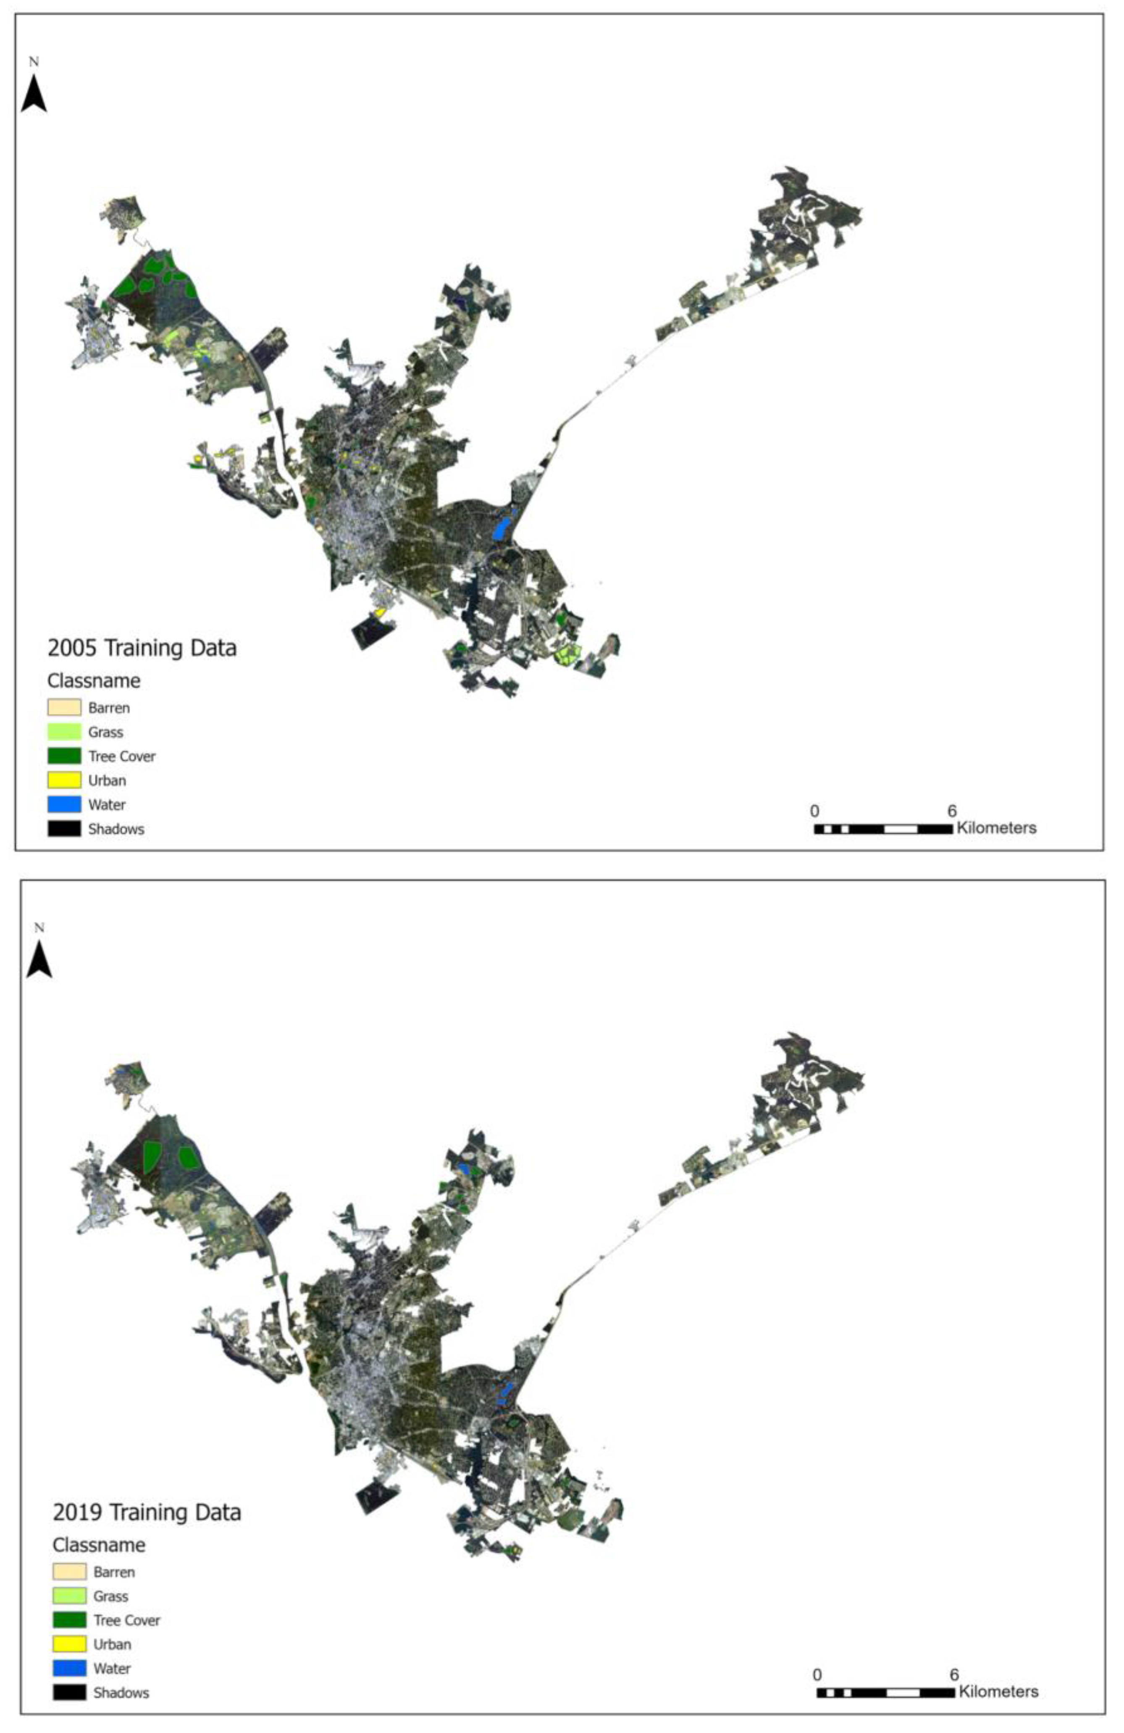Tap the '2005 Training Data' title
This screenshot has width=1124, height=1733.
(142, 647)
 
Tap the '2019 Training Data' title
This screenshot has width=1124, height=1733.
(146, 1512)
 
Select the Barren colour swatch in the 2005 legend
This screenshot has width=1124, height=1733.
(64, 707)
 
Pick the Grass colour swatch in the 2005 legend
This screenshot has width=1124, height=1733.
(64, 731)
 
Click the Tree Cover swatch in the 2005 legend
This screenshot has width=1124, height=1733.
(64, 756)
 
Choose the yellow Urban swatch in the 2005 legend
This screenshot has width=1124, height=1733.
(64, 780)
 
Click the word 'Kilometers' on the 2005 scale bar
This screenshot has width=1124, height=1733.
(996, 828)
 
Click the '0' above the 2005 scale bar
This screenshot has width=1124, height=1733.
(814, 811)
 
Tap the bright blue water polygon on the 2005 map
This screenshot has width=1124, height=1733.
(501, 526)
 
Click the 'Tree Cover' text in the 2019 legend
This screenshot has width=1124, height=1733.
(127, 1620)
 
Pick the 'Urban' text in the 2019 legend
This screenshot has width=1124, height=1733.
(112, 1644)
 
